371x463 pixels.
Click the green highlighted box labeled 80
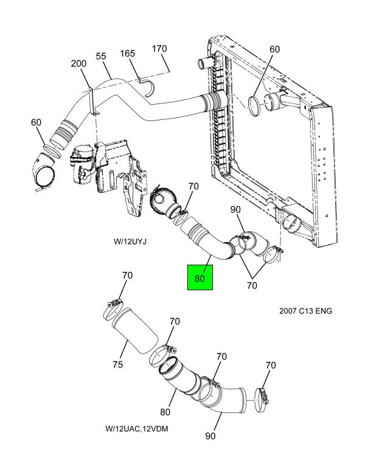(x=200, y=277)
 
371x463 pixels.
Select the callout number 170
(x=159, y=49)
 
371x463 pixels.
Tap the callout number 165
(x=127, y=54)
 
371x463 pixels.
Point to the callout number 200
(x=78, y=63)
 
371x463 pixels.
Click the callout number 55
(x=101, y=56)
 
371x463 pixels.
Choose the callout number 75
(x=117, y=364)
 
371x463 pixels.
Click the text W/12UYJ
(x=130, y=242)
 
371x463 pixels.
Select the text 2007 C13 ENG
(x=305, y=311)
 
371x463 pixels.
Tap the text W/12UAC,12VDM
(x=137, y=428)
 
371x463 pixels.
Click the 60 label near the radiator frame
(x=274, y=49)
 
